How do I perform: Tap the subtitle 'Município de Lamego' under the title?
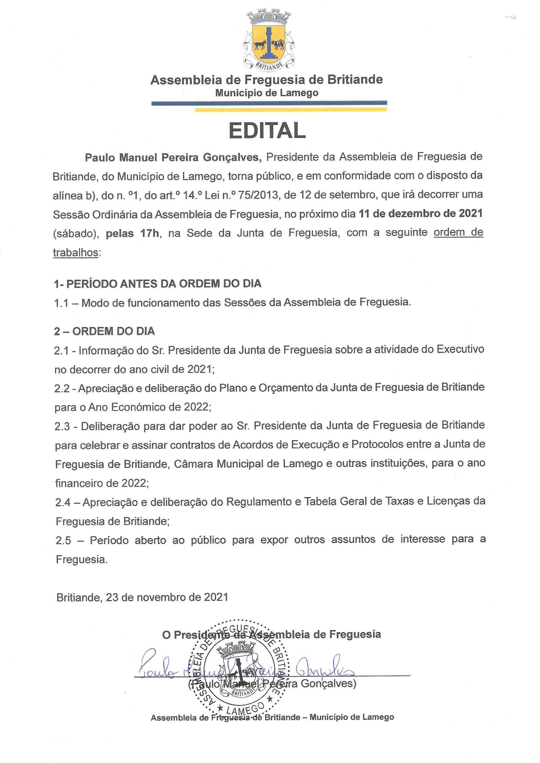point(267,93)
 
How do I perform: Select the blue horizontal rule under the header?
point(269,103)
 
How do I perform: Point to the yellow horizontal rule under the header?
point(291,109)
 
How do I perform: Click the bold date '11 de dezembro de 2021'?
point(421,214)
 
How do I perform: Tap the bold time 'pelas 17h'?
point(132,233)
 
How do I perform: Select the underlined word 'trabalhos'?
point(76,253)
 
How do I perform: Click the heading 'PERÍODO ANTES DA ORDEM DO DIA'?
point(164,284)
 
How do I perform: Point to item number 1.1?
point(61,303)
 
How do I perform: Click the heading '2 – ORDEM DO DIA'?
point(104,331)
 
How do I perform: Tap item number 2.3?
point(62,426)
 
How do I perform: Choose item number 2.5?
point(64,540)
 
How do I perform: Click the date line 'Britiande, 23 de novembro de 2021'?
point(142,597)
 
